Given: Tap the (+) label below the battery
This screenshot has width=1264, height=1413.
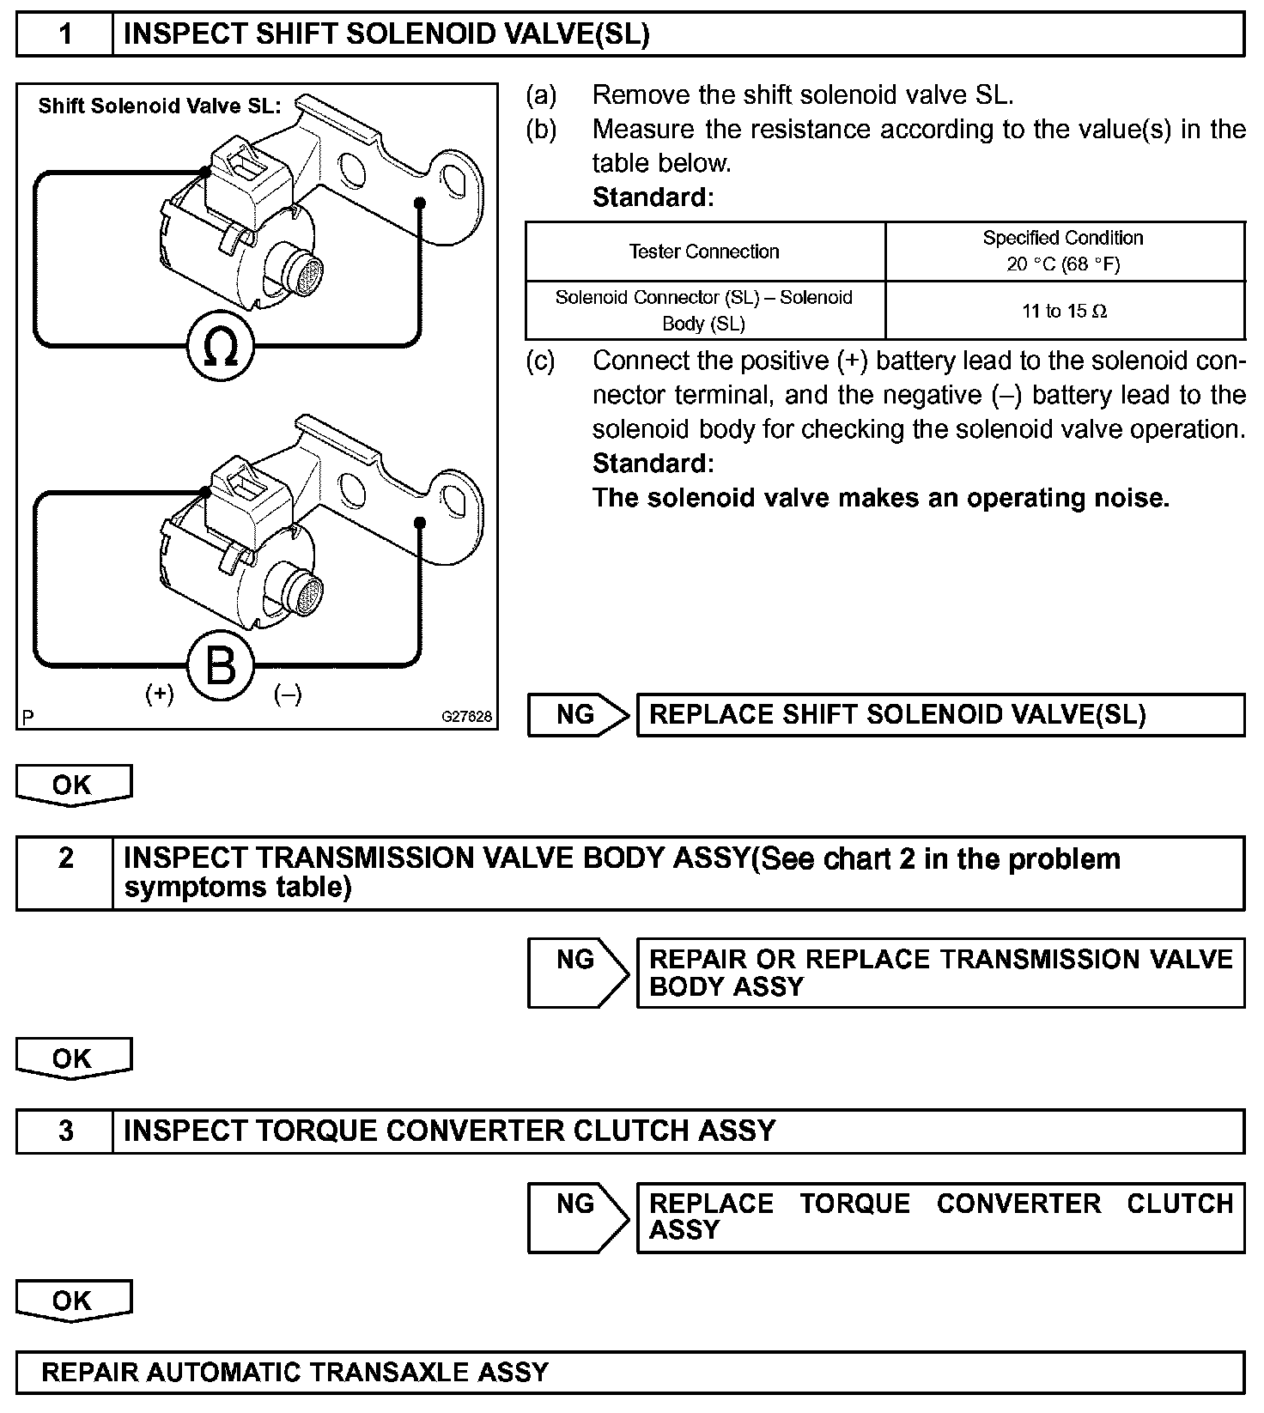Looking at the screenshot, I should click(x=160, y=694).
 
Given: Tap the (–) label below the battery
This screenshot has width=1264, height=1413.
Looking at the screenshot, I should click(x=288, y=694).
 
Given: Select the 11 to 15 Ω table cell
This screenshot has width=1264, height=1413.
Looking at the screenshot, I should click(x=1064, y=311).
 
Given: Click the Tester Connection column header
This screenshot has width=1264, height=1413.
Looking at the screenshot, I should click(x=704, y=252).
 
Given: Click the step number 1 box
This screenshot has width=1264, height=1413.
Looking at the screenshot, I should click(x=65, y=34).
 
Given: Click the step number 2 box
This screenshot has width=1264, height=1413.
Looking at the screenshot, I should click(x=65, y=858).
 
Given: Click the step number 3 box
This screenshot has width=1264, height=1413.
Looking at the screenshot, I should click(x=65, y=1131).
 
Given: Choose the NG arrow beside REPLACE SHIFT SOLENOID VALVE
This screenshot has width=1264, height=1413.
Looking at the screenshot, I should click(x=577, y=715).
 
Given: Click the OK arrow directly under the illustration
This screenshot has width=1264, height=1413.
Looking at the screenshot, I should click(x=73, y=785).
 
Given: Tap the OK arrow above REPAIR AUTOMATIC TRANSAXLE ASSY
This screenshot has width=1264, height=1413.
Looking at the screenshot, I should click(x=73, y=1301).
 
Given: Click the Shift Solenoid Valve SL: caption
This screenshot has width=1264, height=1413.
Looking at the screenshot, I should click(x=160, y=106).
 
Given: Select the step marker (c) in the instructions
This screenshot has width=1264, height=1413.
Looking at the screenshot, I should click(x=541, y=361).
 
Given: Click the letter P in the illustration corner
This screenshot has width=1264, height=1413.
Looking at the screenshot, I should click(x=28, y=718).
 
